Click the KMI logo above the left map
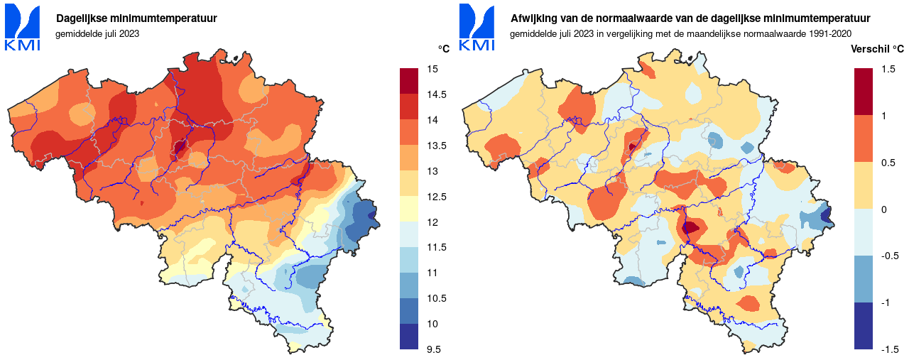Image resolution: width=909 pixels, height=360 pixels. [22, 27]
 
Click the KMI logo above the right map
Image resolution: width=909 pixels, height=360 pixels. [477, 27]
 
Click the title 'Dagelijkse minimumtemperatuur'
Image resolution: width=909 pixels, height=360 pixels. [136, 18]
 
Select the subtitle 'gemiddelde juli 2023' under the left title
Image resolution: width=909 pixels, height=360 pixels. [97, 33]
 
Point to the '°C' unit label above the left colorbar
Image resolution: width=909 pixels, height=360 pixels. [443, 48]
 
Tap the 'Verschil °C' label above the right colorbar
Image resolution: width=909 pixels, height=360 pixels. [877, 48]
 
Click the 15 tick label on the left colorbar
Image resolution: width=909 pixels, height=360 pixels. [432, 69]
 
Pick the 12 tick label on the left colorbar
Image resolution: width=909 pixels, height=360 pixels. [432, 222]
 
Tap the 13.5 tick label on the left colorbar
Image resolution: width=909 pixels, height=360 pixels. [435, 146]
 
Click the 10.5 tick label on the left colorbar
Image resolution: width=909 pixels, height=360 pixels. [435, 298]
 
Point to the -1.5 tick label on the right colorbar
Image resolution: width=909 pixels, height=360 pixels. [890, 349]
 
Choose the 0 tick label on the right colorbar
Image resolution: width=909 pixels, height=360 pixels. [883, 209]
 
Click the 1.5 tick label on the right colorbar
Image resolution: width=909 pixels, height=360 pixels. [888, 69]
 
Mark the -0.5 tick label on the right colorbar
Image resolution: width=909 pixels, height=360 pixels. [890, 256]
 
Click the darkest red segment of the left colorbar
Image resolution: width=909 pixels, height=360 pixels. [410, 81]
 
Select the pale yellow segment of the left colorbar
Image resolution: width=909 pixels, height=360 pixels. [410, 209]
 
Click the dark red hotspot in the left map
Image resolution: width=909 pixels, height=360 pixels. [180, 148]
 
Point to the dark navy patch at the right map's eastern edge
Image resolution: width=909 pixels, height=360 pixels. [826, 215]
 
